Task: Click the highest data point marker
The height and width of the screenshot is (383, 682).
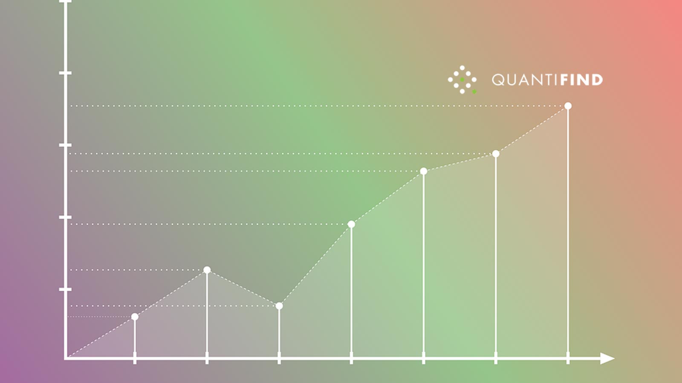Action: point(568,106)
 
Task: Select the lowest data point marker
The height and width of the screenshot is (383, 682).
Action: point(135,317)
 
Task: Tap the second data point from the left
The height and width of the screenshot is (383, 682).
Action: point(207,270)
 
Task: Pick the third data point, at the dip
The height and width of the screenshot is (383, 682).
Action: point(279,306)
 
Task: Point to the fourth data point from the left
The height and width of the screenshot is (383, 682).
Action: point(351,224)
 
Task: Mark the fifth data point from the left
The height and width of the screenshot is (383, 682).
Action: point(423,171)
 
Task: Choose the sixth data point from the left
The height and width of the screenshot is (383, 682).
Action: point(496,154)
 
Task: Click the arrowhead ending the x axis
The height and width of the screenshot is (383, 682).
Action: point(607,359)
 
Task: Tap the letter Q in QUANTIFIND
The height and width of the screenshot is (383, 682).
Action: point(498,80)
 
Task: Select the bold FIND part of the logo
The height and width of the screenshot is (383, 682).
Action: point(581,80)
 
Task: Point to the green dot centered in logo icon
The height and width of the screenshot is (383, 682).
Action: point(462,80)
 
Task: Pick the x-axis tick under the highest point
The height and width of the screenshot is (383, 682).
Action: point(568,358)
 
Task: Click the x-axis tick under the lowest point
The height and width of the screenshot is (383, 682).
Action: point(135,358)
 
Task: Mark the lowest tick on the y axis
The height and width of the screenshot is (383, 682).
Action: point(65,289)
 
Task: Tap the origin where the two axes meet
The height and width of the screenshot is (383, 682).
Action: point(66,358)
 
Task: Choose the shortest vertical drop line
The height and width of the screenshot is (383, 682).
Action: point(135,336)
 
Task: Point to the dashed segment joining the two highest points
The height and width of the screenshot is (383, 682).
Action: point(532,130)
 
